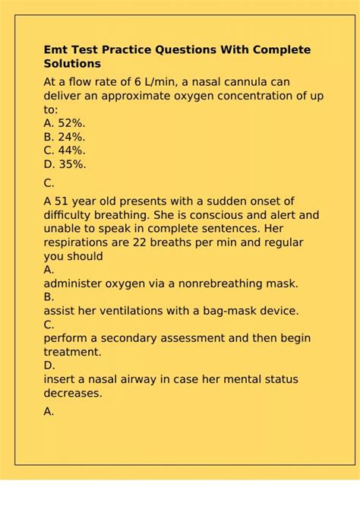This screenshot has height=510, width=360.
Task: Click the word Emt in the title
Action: [x=55, y=50]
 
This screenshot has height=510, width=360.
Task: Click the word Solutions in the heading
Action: [x=72, y=64]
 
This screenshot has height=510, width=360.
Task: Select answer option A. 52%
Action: [x=65, y=122]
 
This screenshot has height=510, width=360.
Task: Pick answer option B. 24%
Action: [x=65, y=136]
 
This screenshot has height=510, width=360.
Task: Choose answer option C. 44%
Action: [x=65, y=150]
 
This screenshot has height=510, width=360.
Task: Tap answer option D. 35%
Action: [x=65, y=163]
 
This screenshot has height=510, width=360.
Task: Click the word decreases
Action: [x=73, y=393]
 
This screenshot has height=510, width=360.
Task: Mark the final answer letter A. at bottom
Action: [x=49, y=411]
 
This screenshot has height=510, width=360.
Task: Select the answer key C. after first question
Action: [x=49, y=182]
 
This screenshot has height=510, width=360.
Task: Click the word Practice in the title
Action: [x=125, y=50]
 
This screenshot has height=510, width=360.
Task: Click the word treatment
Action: [x=71, y=352]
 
